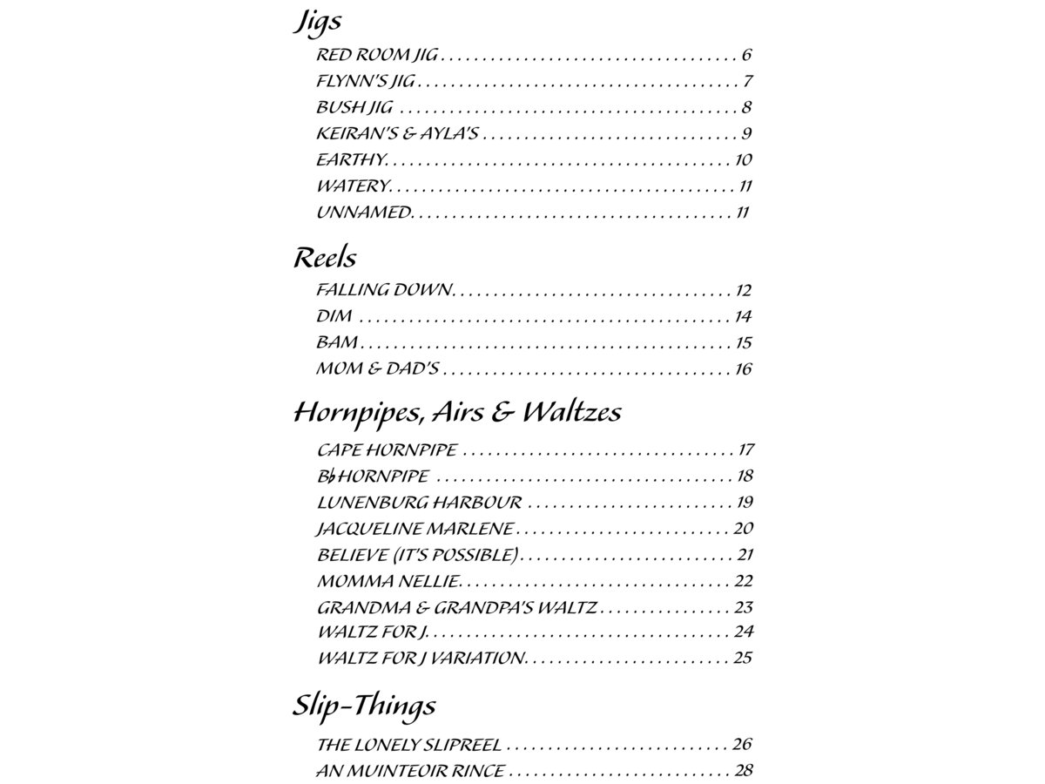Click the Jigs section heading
coord(317,22)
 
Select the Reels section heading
coord(324,257)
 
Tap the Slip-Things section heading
coord(363,705)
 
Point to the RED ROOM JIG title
coord(376,56)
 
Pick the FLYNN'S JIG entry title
coord(365,82)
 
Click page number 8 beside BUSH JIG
coord(747,108)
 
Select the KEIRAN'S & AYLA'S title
coord(397,134)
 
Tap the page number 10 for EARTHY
coord(743,160)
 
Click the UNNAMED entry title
coord(362,212)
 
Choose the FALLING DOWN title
coord(384,290)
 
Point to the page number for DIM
coord(743,316)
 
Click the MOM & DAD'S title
coord(377,368)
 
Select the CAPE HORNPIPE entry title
coord(387,450)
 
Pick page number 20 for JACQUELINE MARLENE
coord(743,529)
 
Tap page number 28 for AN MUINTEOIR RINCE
coord(743,771)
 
